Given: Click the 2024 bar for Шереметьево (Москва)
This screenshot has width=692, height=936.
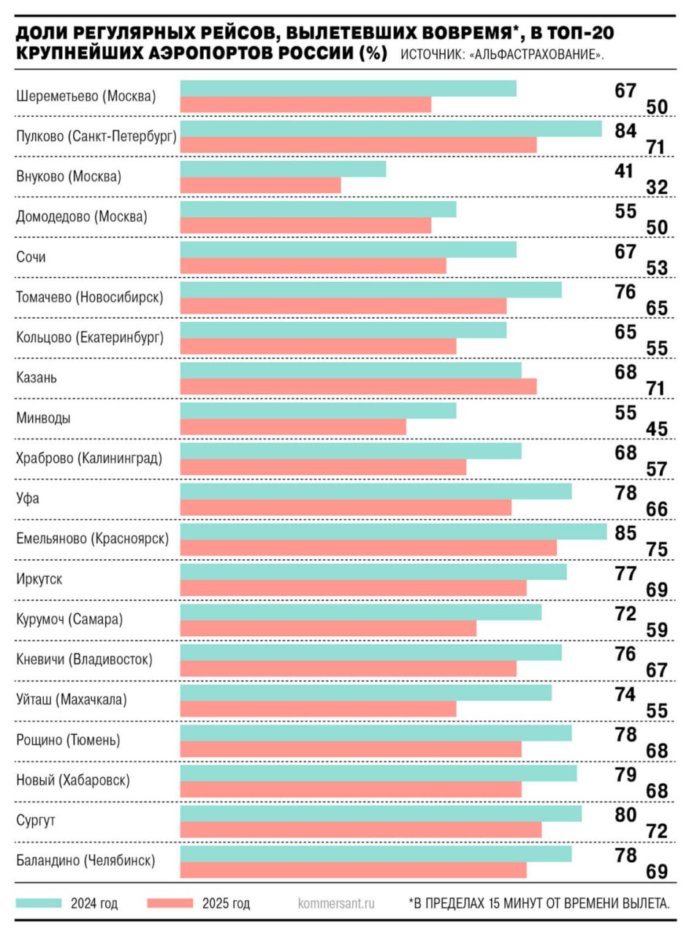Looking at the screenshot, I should click(x=348, y=88).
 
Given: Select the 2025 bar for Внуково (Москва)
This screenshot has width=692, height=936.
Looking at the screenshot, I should click(x=260, y=185).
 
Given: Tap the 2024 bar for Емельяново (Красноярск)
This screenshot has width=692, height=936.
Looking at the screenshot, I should click(x=393, y=532).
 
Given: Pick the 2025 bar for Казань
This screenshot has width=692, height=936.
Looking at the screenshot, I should click(x=358, y=387).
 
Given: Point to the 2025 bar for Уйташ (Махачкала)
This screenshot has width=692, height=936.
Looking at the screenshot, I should click(x=318, y=709).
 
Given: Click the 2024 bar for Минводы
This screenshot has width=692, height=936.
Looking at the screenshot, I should click(x=318, y=411).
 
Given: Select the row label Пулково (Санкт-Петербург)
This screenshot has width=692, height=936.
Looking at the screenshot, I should click(x=96, y=137).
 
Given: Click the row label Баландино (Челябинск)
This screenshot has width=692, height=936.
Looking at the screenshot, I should click(x=85, y=861).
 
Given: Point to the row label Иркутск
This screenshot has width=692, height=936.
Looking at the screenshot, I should click(x=39, y=579).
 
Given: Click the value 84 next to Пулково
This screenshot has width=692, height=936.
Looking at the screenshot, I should click(x=626, y=131).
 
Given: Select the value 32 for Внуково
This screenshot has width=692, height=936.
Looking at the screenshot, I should click(x=658, y=187).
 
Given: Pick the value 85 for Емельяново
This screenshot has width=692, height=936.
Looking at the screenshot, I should click(x=626, y=533).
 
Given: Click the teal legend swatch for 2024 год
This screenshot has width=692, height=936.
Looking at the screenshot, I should click(x=38, y=902).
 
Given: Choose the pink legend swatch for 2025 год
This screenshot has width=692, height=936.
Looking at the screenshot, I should click(x=170, y=902).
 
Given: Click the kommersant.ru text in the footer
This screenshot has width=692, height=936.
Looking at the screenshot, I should click(x=336, y=903).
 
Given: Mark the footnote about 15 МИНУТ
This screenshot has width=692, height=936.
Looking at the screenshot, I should click(x=539, y=903).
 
